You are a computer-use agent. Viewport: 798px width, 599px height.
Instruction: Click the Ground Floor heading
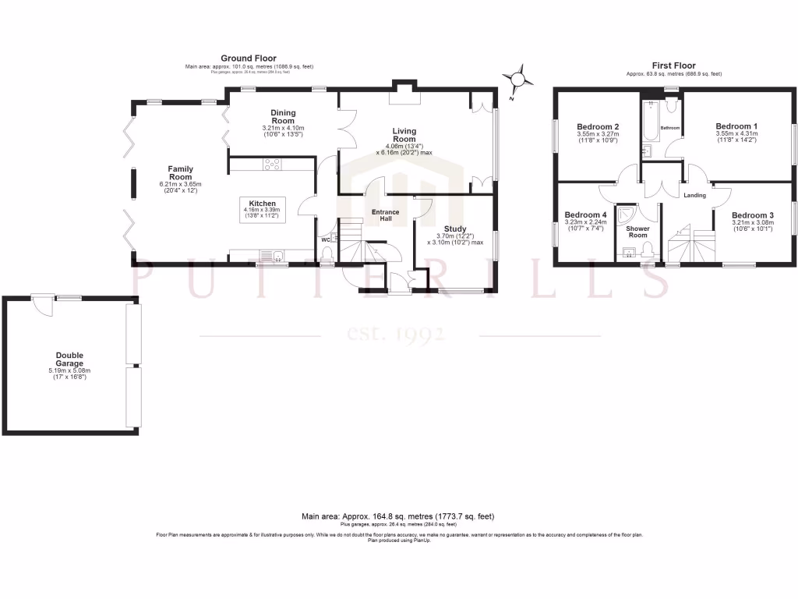[x=248, y=58]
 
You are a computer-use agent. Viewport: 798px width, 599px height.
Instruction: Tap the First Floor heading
[x=673, y=66]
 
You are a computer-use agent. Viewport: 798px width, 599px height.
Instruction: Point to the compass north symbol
[x=517, y=80]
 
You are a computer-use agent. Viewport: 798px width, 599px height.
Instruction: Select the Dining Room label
[x=282, y=117]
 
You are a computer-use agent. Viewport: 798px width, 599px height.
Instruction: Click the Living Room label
[x=404, y=136]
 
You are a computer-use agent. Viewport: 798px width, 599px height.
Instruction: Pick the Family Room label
[x=181, y=173]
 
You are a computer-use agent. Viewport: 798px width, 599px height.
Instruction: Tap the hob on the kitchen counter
[x=274, y=164]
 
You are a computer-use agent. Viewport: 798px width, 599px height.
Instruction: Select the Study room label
[x=455, y=229]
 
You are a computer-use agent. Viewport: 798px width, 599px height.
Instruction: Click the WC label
[x=326, y=240]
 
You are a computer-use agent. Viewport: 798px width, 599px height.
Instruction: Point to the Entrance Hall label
[x=385, y=216]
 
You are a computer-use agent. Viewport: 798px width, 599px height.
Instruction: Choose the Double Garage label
[x=69, y=360]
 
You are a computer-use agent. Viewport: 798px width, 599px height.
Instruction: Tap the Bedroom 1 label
[x=736, y=126]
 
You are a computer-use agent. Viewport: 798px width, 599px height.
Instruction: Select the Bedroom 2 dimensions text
[x=598, y=137]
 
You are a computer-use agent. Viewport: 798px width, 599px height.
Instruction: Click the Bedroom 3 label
[x=752, y=214]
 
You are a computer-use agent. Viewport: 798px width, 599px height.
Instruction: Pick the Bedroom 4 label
[x=584, y=214]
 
